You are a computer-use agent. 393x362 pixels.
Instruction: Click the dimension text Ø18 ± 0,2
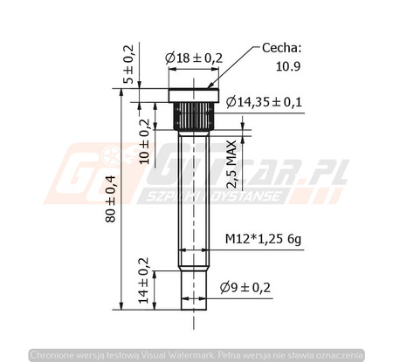coord(194,58)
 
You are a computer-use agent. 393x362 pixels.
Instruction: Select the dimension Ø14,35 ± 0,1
coord(263,102)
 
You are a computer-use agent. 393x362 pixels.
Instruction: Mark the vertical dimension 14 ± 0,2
coord(143,281)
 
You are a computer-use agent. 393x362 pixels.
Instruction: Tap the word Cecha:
coord(282,49)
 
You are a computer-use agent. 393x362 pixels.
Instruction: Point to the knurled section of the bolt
coord(191,113)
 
